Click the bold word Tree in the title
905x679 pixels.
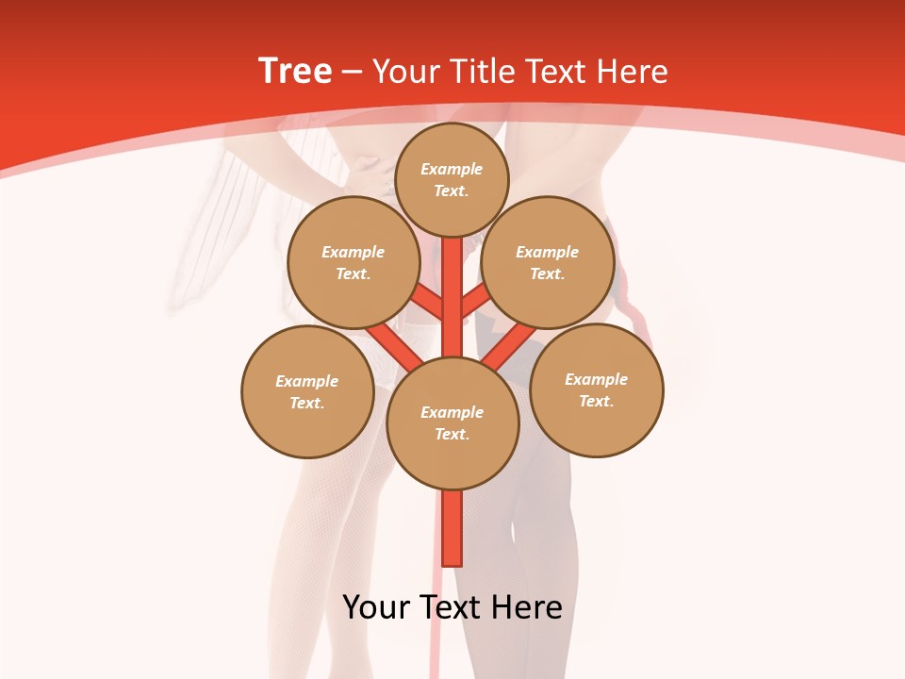pyautogui.click(x=295, y=72)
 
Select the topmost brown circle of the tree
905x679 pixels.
pyautogui.click(x=452, y=179)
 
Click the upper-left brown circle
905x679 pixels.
pyautogui.click(x=354, y=263)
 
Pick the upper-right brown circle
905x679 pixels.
pyautogui.click(x=548, y=263)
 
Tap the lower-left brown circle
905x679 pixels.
pyautogui.click(x=307, y=392)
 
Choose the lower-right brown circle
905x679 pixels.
pyautogui.click(x=597, y=390)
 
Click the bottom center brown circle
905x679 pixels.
pyautogui.click(x=452, y=423)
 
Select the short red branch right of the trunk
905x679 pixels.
pyautogui.click(x=475, y=301)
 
